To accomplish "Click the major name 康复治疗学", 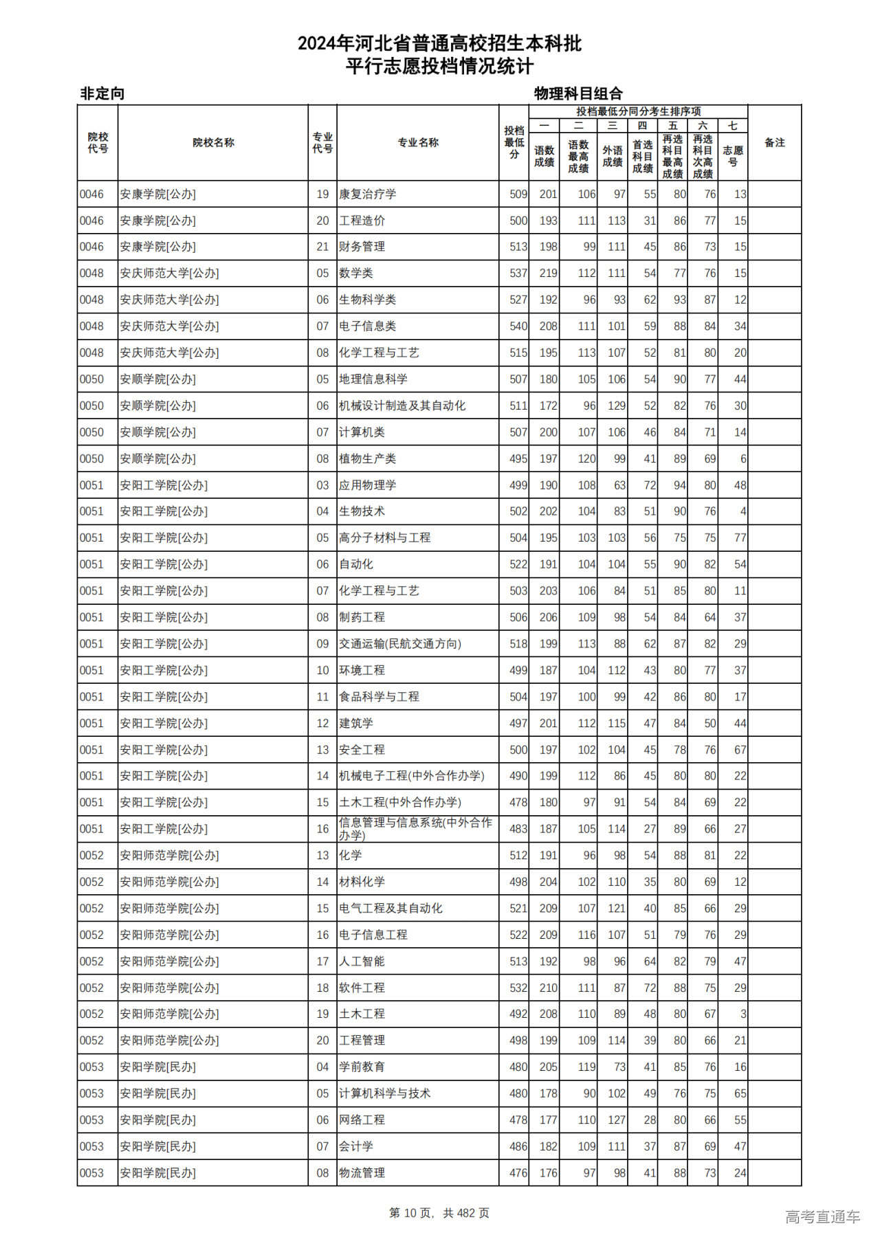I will tap(367, 195).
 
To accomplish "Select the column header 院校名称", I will tap(213, 143).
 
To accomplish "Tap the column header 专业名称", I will tap(417, 143).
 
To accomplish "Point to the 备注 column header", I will tap(774, 143).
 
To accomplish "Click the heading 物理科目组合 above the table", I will tap(578, 93).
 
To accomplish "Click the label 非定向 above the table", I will tap(102, 93).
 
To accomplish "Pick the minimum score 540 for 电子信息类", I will tap(518, 326).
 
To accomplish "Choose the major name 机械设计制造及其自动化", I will tap(401, 406).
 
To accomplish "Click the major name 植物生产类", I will tap(367, 459).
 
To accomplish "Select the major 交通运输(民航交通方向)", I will tap(399, 644).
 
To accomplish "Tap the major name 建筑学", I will tap(355, 724).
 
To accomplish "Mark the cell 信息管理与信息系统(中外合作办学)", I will tap(415, 829).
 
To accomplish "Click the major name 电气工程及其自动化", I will tap(390, 909).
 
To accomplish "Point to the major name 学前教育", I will tap(362, 1067).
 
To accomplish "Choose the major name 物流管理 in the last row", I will tap(362, 1173).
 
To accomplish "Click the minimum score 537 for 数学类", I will tap(518, 274).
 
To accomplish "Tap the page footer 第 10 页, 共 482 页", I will tap(439, 1213).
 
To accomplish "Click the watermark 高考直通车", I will tap(822, 1217).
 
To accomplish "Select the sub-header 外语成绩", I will tap(613, 157).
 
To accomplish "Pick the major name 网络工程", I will tap(362, 1120).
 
